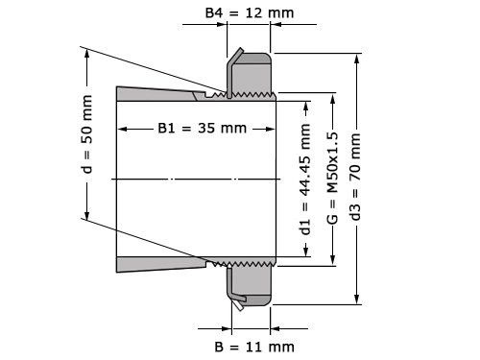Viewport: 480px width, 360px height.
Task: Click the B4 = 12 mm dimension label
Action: point(249,14)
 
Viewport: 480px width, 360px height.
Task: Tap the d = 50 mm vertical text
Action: point(88,132)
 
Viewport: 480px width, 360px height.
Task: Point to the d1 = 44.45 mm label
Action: point(305,179)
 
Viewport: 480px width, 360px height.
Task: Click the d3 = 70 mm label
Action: point(357,178)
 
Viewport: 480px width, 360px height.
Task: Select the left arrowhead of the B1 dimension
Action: point(121,129)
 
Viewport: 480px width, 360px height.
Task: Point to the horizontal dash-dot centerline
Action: point(192,180)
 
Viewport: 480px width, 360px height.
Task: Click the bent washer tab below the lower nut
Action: point(236,300)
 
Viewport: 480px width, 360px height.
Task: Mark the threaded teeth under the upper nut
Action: point(245,94)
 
